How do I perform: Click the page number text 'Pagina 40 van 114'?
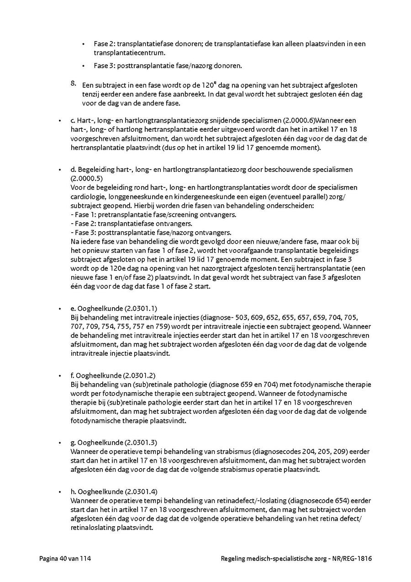pyautogui.click(x=65, y=558)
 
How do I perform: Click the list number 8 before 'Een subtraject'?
pyautogui.click(x=73, y=83)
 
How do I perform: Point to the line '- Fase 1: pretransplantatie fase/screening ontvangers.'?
pyautogui.click(x=153, y=214)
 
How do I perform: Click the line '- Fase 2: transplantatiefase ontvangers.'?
pyautogui.click(x=132, y=224)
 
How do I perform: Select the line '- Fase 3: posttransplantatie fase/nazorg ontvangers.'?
pyautogui.click(x=151, y=232)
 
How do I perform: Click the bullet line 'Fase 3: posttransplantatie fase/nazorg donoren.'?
pyautogui.click(x=168, y=66)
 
